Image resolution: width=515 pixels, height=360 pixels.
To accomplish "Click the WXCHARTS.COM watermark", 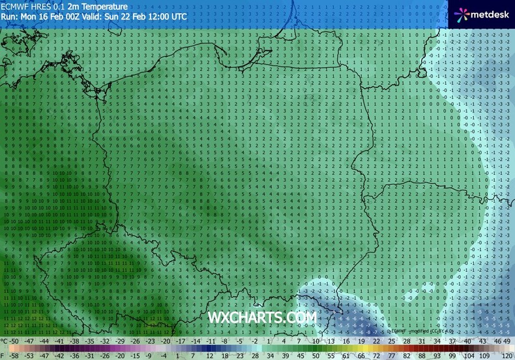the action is pos(262,317).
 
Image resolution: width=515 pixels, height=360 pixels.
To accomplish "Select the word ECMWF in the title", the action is pos(14,5).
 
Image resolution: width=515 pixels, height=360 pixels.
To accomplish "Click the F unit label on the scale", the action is pos(3,356).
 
